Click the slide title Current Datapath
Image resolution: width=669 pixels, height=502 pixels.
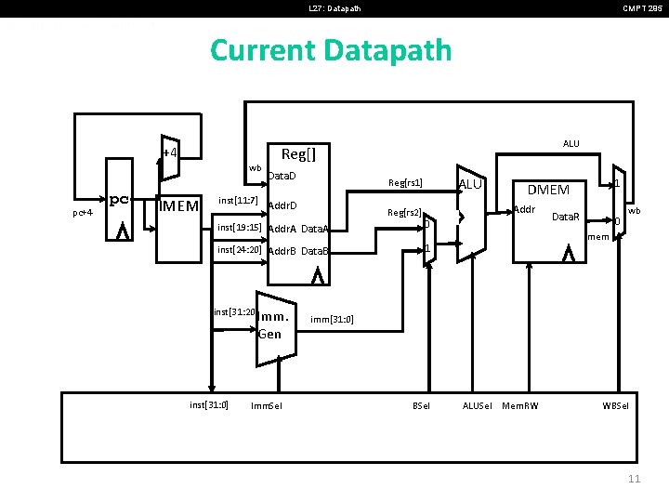click(331, 49)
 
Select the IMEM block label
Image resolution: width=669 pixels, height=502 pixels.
click(179, 205)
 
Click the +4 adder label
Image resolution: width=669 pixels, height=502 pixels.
click(170, 152)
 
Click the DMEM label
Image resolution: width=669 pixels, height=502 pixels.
click(548, 190)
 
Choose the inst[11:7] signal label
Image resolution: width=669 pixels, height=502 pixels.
click(239, 200)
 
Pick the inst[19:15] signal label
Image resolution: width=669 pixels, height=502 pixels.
click(239, 227)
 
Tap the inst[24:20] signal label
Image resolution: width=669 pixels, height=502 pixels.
click(239, 249)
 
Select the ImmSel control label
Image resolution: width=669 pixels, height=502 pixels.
click(267, 405)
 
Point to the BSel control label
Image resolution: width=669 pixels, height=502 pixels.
click(422, 405)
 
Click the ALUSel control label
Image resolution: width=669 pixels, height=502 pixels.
click(478, 405)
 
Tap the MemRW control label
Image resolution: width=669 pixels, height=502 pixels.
click(520, 405)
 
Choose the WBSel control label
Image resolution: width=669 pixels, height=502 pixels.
click(615, 405)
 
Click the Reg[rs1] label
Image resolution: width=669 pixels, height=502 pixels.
click(405, 183)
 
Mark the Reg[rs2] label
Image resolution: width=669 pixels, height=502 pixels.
click(405, 213)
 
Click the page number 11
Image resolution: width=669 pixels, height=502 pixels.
click(635, 479)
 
